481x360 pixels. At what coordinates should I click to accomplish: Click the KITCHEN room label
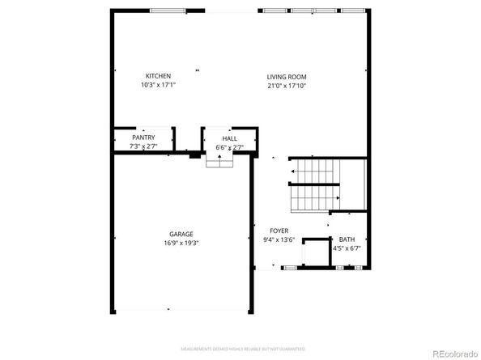pos(158,76)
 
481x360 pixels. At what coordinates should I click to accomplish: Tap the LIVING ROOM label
pos(287,77)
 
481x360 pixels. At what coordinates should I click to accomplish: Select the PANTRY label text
pos(143,138)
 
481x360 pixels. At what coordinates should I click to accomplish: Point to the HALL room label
pos(229,138)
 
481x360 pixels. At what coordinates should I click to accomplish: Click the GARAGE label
pos(181,235)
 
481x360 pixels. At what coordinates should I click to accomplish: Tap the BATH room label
pos(347,239)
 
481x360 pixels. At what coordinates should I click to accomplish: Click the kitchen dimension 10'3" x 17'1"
pos(158,85)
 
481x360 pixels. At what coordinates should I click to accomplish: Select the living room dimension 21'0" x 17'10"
pos(287,86)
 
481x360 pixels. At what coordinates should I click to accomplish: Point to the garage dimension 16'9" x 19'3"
pos(181,243)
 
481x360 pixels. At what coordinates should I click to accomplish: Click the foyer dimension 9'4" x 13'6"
pos(278,240)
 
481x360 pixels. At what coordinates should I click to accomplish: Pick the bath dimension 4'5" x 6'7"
pos(347,248)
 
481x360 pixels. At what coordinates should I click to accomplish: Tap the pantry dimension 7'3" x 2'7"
pos(143,146)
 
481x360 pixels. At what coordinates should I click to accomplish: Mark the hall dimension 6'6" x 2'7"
pos(229,147)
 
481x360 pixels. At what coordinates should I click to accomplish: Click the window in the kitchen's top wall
pos(168,10)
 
